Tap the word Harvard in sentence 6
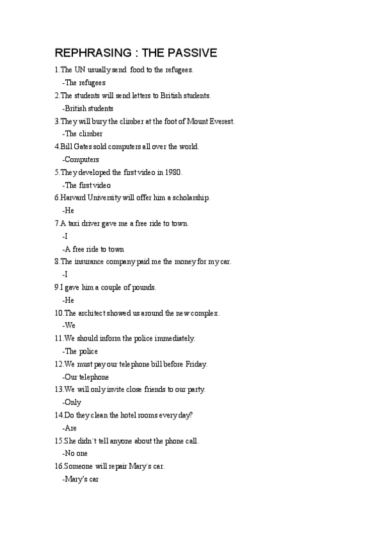click(x=75, y=198)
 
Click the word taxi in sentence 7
click(x=76, y=223)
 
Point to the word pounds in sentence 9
click(x=143, y=288)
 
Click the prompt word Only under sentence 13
click(x=73, y=402)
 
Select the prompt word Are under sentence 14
click(x=70, y=428)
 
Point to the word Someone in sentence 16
click(x=79, y=466)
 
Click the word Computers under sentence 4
click(x=82, y=159)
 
